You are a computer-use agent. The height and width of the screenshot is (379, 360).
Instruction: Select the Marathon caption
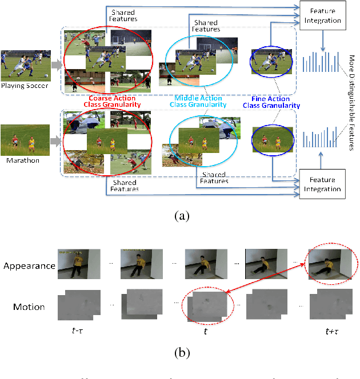pyautogui.click(x=22, y=160)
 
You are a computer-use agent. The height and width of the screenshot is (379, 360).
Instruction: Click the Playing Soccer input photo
pyautogui.click(x=26, y=65)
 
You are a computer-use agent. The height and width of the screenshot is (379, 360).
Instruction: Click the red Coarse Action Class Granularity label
pyautogui.click(x=108, y=92)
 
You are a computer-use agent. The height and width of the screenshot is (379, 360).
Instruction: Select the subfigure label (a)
pyautogui.click(x=181, y=216)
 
